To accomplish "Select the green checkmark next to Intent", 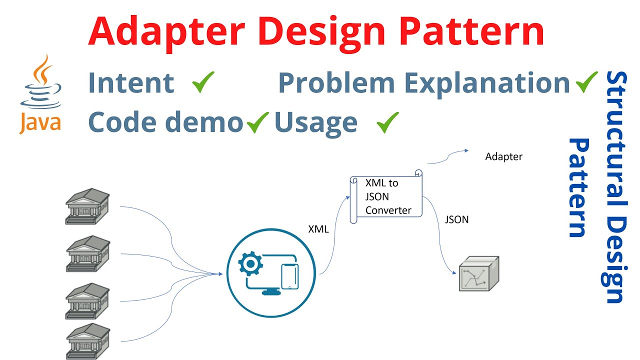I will coord(203,82).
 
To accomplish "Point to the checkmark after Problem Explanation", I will coord(586,82).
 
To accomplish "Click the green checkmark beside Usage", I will coord(387,122).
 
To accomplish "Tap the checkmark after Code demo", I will coord(257,122).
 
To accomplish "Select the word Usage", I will coord(315,122).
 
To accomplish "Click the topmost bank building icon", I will coord(87,205).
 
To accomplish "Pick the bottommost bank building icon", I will coord(87,341).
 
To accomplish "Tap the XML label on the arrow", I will coord(318,229).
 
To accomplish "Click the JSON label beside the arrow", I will coord(456,219).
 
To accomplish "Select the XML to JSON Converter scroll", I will coord(386,196).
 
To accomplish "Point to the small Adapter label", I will coord(503,157).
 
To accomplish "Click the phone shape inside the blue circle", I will coord(290,275).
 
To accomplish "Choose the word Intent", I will coord(131,83).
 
